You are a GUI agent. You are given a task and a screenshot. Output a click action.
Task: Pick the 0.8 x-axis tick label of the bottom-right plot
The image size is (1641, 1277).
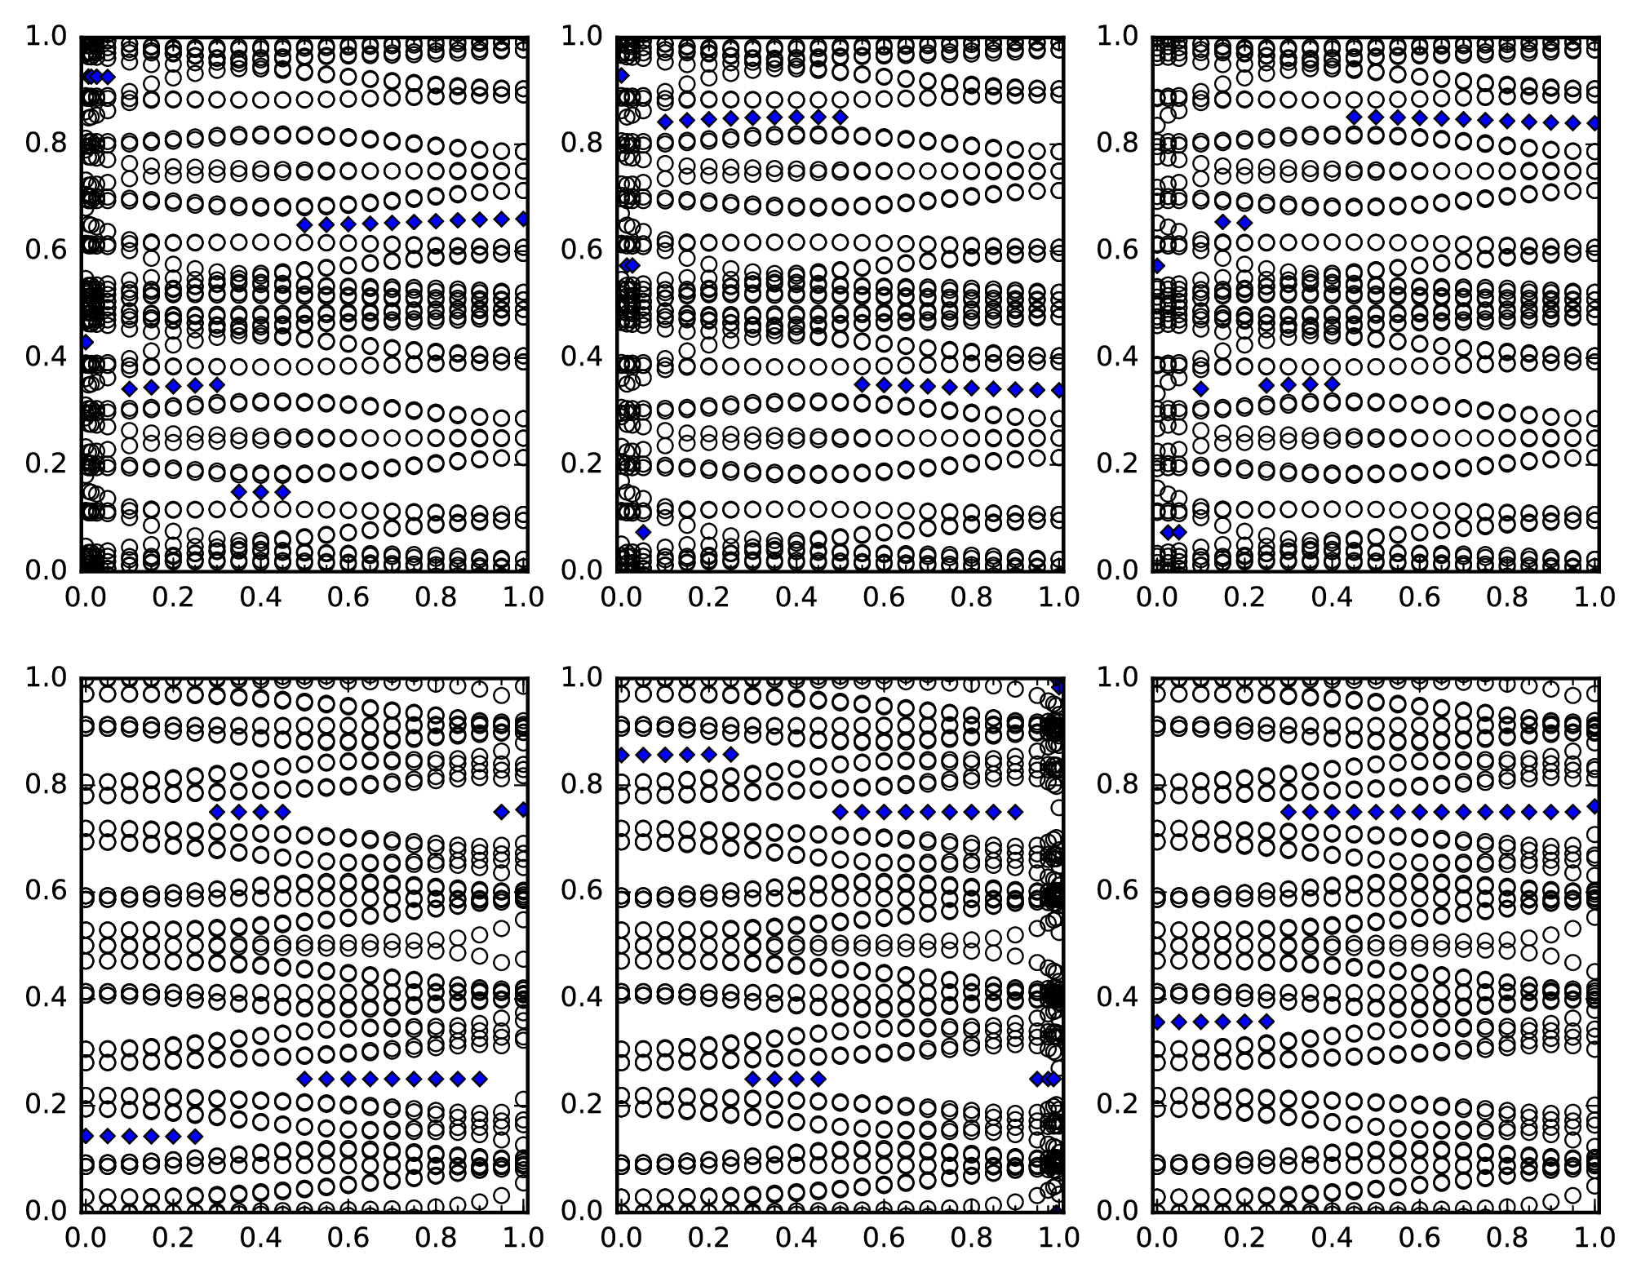point(1506,1238)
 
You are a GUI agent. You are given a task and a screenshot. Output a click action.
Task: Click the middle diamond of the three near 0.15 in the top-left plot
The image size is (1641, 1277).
point(260,492)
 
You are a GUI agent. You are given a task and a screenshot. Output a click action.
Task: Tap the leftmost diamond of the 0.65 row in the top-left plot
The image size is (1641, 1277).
point(304,225)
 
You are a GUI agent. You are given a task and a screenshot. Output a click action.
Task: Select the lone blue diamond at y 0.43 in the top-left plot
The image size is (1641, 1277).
point(86,342)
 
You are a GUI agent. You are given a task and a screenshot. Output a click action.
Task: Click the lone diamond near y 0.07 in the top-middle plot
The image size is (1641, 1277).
point(643,532)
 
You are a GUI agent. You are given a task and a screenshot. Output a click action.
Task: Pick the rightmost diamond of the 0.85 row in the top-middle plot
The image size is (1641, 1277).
point(840,118)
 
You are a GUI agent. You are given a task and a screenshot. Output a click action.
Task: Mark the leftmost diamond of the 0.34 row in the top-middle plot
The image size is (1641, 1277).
point(862,384)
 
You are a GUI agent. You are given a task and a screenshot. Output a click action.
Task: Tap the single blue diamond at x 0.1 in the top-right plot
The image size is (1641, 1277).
point(1200,388)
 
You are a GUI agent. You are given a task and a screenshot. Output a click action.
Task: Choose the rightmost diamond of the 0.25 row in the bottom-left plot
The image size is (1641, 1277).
point(480,1079)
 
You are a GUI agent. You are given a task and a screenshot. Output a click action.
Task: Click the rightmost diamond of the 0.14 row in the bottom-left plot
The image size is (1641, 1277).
point(194,1136)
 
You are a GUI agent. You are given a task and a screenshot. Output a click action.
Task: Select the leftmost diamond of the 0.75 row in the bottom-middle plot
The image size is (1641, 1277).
point(839,812)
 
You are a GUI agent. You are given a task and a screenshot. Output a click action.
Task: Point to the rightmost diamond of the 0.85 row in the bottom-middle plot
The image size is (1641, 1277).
point(731,754)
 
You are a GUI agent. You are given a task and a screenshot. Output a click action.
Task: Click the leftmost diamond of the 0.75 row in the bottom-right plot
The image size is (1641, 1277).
point(1288,812)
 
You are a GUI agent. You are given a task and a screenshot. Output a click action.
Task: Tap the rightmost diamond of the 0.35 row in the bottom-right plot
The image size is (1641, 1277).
point(1266,1021)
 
